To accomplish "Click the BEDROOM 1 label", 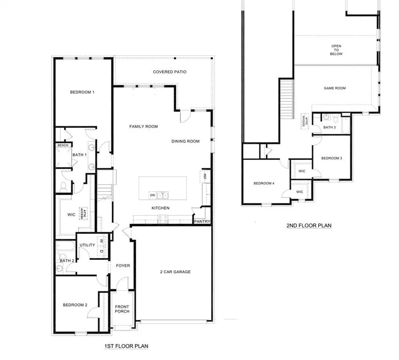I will coord(82,92).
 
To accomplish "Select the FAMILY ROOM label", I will coord(144,127).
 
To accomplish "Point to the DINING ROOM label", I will coord(185,141).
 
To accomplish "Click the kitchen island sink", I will coord(163,195).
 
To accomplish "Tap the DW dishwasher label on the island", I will coord(152,195).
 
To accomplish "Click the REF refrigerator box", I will coord(204,176).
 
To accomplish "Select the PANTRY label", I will coord(202,222).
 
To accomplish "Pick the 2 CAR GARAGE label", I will coord(174,271).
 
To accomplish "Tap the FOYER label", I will coord(123,266).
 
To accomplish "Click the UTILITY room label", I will coord(88,245).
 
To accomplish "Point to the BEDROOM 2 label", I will coord(75,305).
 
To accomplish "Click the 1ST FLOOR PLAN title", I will coord(126,346).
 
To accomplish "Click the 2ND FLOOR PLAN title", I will coord(309,225).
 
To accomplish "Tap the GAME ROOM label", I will coord(335,88).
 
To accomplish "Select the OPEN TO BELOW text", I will coord(337,50).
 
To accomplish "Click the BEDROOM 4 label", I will coord(264,183).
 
